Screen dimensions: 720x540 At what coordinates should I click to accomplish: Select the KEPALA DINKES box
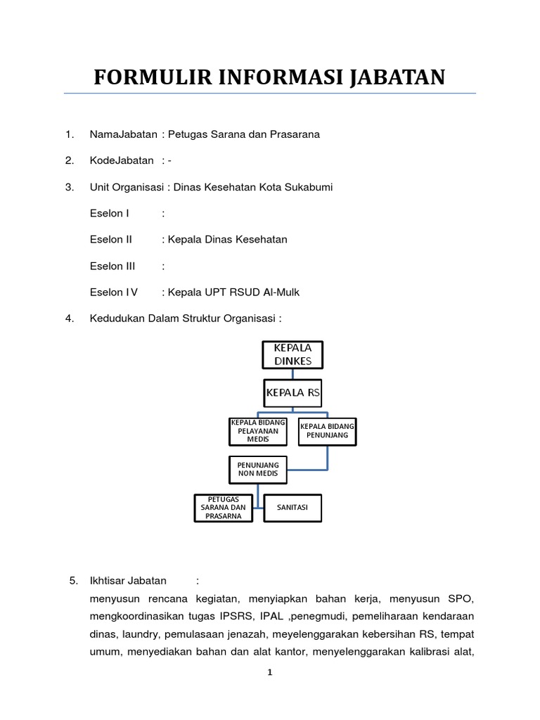tap(292, 355)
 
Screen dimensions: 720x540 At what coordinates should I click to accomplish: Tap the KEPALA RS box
tap(292, 393)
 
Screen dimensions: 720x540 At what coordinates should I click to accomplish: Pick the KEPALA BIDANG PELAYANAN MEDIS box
tap(258, 431)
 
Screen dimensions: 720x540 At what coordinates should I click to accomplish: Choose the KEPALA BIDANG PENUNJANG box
tap(327, 431)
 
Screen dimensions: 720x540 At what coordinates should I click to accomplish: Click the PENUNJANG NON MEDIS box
tap(258, 469)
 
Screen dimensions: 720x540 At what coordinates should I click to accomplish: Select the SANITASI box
tap(292, 508)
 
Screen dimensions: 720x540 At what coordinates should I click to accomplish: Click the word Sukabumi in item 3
tap(311, 187)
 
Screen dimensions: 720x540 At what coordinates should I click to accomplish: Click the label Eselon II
tap(111, 240)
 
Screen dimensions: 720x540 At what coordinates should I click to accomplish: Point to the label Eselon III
tap(112, 266)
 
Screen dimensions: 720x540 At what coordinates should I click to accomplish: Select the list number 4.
tap(70, 319)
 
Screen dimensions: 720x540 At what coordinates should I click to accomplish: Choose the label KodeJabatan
tap(122, 160)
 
